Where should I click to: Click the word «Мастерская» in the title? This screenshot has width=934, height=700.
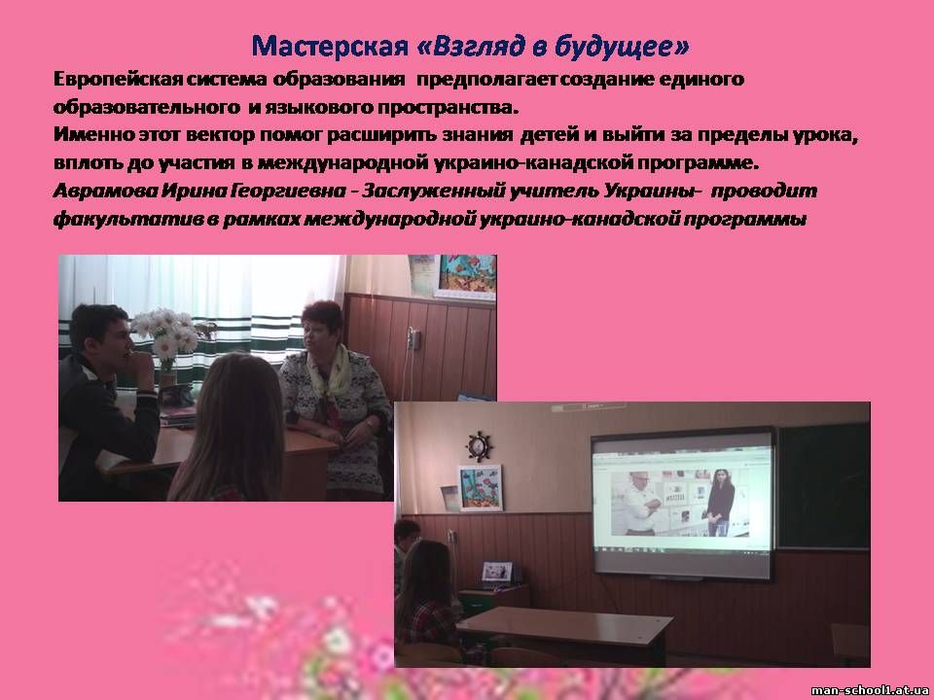click(330, 46)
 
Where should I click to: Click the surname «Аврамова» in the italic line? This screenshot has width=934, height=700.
click(105, 192)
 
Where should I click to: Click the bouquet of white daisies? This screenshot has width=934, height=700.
click(165, 336)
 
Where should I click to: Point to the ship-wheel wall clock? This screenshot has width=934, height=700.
click(479, 446)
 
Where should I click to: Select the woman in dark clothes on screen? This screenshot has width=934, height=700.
click(720, 502)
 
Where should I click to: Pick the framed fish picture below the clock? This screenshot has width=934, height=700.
click(480, 487)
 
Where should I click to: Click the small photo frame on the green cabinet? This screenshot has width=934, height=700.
click(497, 572)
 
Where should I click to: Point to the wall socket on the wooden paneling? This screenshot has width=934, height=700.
click(413, 339)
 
